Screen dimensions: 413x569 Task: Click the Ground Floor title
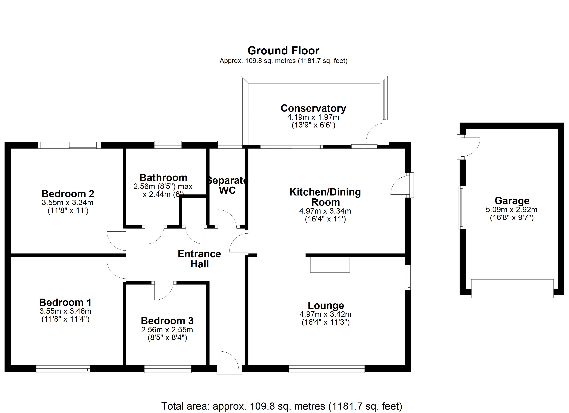(x=283, y=51)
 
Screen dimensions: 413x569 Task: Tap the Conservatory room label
(x=313, y=108)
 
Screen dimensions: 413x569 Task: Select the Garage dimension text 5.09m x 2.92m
(x=512, y=209)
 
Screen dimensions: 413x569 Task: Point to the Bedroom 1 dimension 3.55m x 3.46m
(x=65, y=311)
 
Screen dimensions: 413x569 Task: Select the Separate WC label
(x=227, y=185)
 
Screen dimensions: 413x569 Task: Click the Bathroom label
(x=163, y=178)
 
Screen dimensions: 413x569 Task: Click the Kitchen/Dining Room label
(x=325, y=197)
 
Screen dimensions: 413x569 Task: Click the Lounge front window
(x=326, y=369)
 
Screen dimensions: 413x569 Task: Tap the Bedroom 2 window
(x=69, y=145)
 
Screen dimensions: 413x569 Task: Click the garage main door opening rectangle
(x=512, y=289)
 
